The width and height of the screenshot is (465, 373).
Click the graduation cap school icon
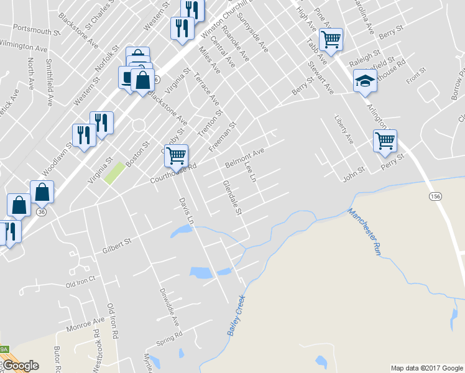pos(365,80)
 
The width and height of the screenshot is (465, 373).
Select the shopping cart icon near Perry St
pos(385,140)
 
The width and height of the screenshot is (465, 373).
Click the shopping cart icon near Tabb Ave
pos(331,39)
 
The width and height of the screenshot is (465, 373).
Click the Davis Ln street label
pos(186,211)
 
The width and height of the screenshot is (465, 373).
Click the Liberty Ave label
pos(344,129)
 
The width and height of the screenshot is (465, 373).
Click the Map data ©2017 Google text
pos(426,367)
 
